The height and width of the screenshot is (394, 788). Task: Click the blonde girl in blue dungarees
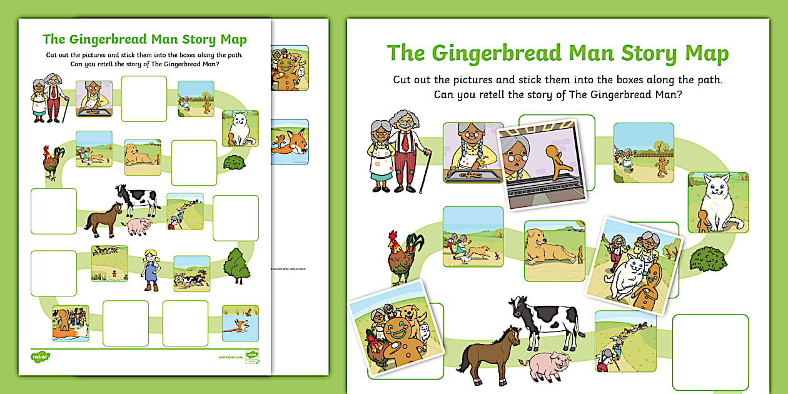151,270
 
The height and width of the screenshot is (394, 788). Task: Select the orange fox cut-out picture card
290,142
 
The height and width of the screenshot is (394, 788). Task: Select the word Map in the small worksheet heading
233,40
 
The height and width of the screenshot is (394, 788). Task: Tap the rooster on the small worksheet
53,163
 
